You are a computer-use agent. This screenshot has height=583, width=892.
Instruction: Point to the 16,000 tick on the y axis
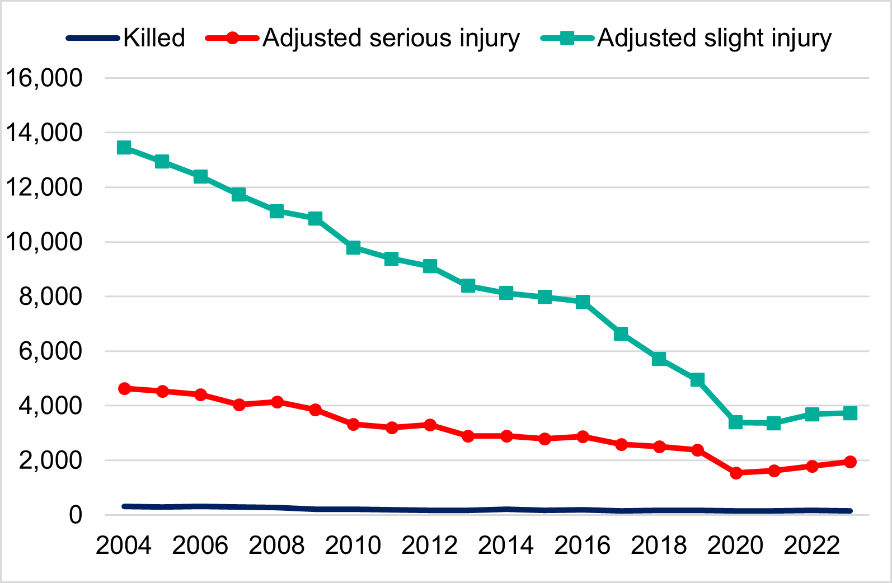click(44, 78)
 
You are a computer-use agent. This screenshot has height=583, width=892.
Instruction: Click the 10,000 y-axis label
click(44, 242)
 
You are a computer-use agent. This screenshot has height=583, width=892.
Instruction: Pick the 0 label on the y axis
click(75, 515)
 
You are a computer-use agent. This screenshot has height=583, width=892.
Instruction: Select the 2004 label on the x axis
click(124, 546)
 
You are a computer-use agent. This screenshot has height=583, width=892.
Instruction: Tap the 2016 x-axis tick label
click(582, 546)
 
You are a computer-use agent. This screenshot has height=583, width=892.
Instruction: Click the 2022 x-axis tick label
click(811, 546)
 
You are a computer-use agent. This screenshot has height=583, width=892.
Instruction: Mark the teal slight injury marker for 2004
click(124, 148)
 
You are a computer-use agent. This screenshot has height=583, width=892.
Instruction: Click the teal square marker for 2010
click(353, 247)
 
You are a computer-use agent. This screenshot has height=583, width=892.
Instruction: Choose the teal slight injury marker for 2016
click(583, 302)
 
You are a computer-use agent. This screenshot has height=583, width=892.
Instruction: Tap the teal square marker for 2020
click(736, 422)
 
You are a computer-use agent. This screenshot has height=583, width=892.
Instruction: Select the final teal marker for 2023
click(850, 413)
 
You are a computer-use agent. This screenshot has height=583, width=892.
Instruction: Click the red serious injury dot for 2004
click(124, 388)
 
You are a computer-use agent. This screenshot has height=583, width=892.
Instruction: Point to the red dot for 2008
click(277, 402)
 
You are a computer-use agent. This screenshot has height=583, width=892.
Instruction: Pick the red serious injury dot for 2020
click(736, 473)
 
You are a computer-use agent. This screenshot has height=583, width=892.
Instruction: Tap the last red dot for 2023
click(850, 462)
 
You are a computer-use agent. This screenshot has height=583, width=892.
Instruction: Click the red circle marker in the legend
click(232, 38)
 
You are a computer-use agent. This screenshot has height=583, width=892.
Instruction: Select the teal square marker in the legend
click(567, 38)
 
